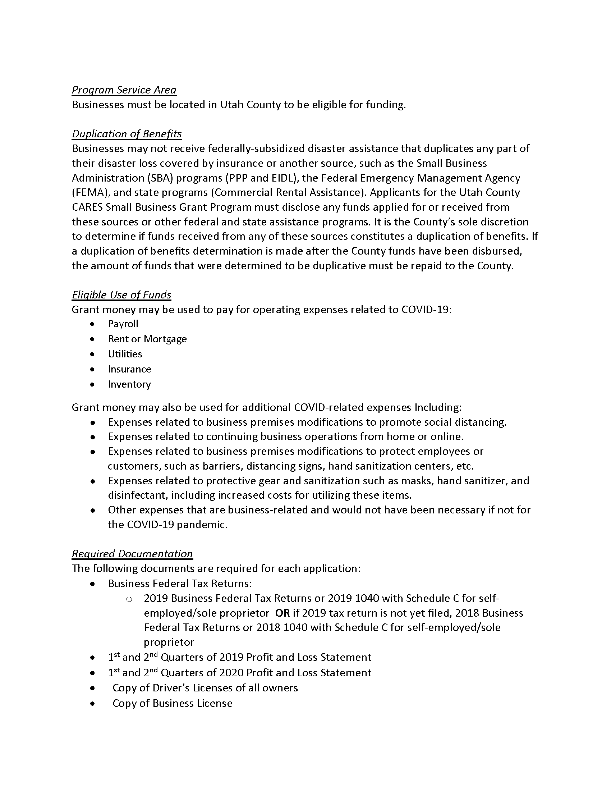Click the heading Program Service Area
[124, 90]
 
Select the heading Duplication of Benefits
[127, 134]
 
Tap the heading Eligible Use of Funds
[121, 295]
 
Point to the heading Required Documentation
[132, 553]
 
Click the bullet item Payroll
[123, 324]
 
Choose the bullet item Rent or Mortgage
[147, 339]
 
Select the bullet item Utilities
[125, 354]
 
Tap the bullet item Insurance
[130, 369]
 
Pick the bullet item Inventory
[129, 384]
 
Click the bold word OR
[283, 613]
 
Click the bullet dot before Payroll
[93, 324]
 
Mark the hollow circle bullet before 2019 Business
[129, 599]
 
